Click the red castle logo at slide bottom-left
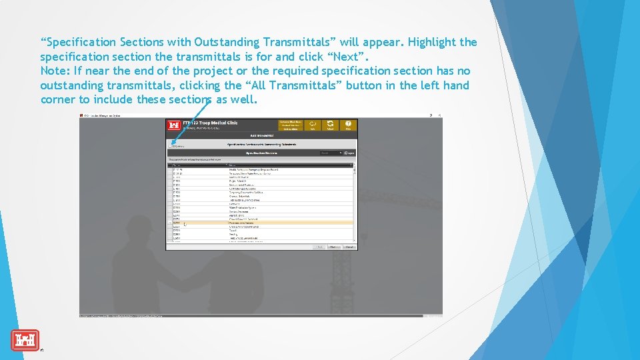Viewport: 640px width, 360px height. pos(25,340)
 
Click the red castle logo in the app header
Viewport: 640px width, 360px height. pos(174,125)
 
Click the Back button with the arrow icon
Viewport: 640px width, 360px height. pos(313,125)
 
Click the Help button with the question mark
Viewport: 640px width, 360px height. pos(347,125)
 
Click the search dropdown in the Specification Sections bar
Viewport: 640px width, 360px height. pos(331,153)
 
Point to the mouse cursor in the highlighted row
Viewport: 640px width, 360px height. pos(185,225)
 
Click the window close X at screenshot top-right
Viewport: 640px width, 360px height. pos(439,115)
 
